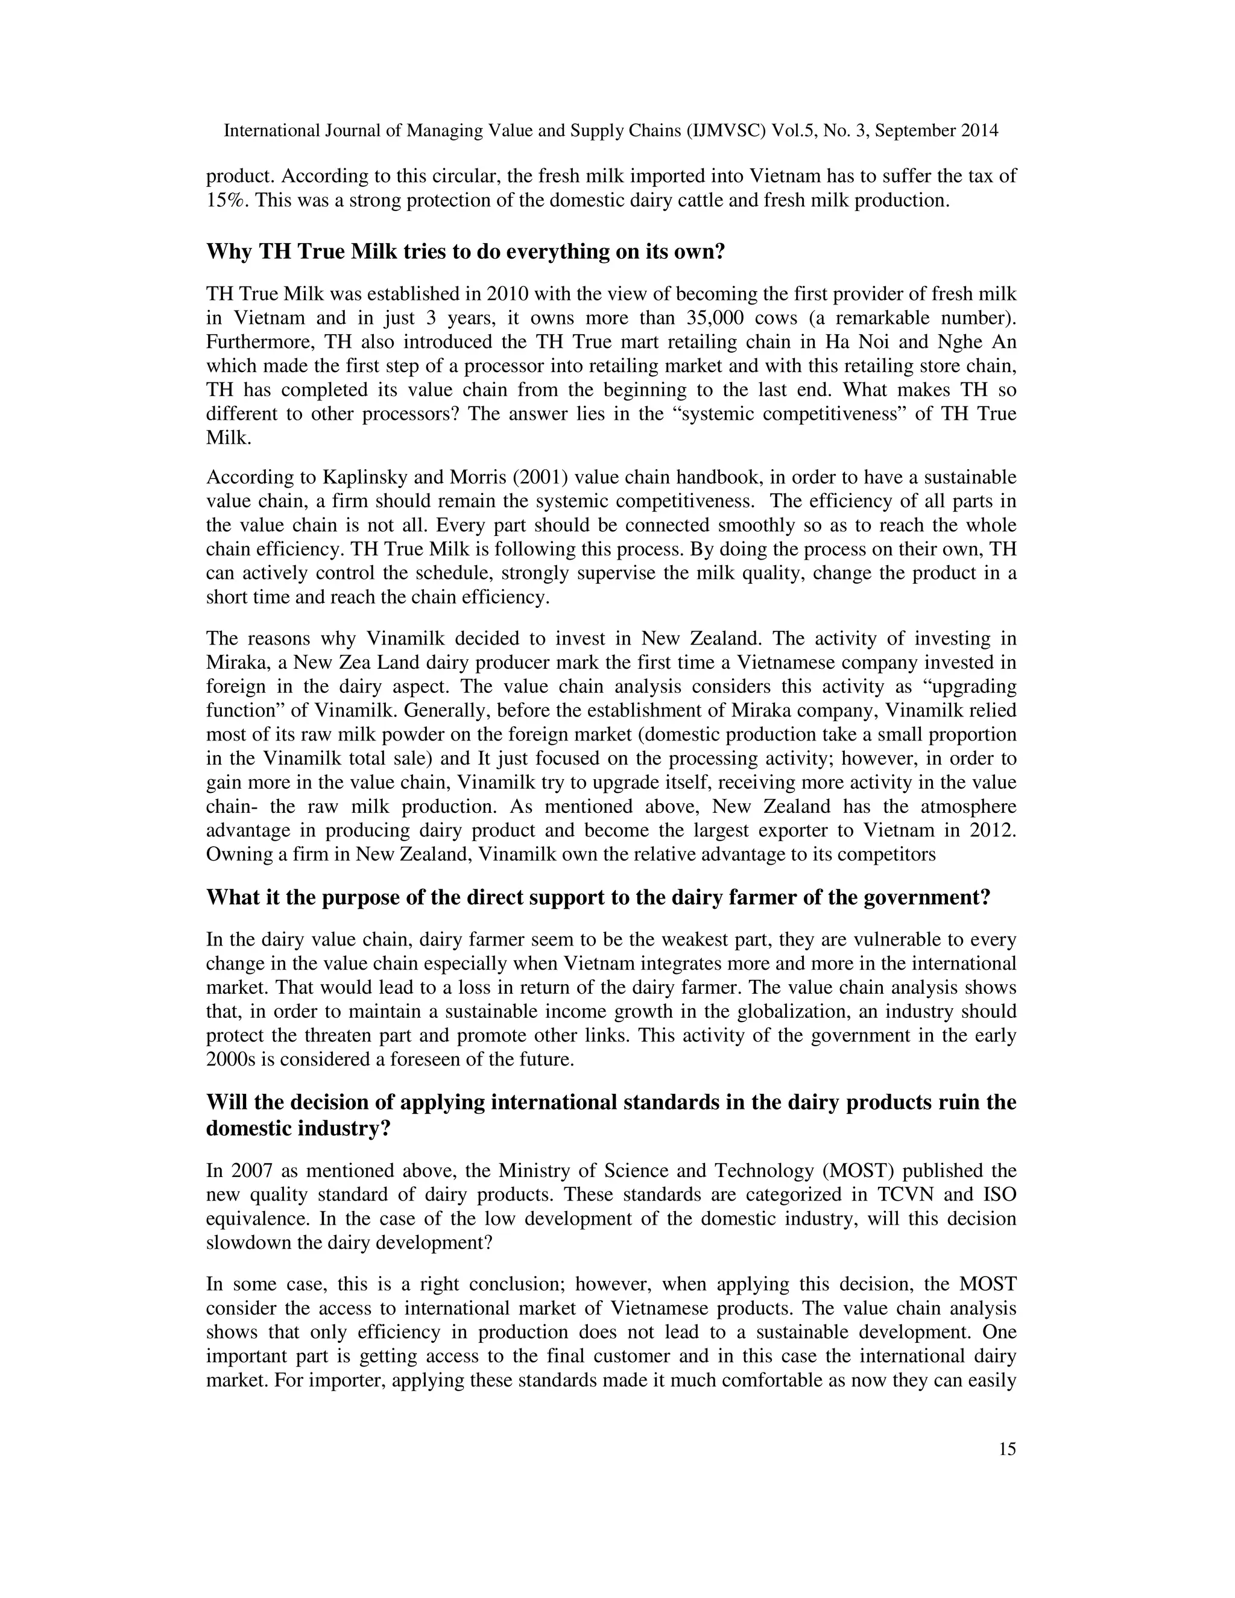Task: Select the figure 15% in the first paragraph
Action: click(x=227, y=200)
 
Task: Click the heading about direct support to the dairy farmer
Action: click(x=598, y=898)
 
